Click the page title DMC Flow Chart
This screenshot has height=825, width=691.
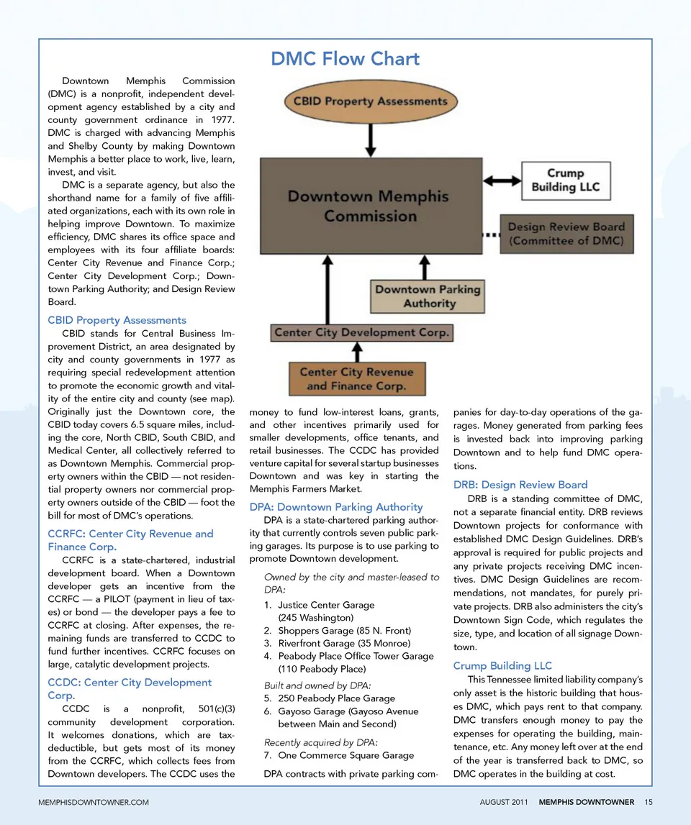click(x=345, y=58)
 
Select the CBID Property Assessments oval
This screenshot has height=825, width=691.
click(x=370, y=101)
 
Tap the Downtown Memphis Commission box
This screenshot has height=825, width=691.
click(x=369, y=206)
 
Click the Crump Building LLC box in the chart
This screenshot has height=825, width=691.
click(x=565, y=180)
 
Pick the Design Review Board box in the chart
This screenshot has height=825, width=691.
click(x=566, y=234)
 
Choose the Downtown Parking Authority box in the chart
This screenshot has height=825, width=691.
click(x=428, y=296)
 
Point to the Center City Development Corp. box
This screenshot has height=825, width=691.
click(x=361, y=333)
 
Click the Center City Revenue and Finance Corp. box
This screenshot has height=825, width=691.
click(x=356, y=379)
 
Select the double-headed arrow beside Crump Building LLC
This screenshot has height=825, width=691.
click(x=502, y=180)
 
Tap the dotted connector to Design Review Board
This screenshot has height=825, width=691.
click(x=490, y=234)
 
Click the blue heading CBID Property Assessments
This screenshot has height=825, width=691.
click(x=117, y=320)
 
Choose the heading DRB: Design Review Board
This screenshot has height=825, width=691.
click(x=520, y=485)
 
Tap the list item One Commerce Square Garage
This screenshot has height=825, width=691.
click(x=345, y=755)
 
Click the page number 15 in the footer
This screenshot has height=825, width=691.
click(x=649, y=802)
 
